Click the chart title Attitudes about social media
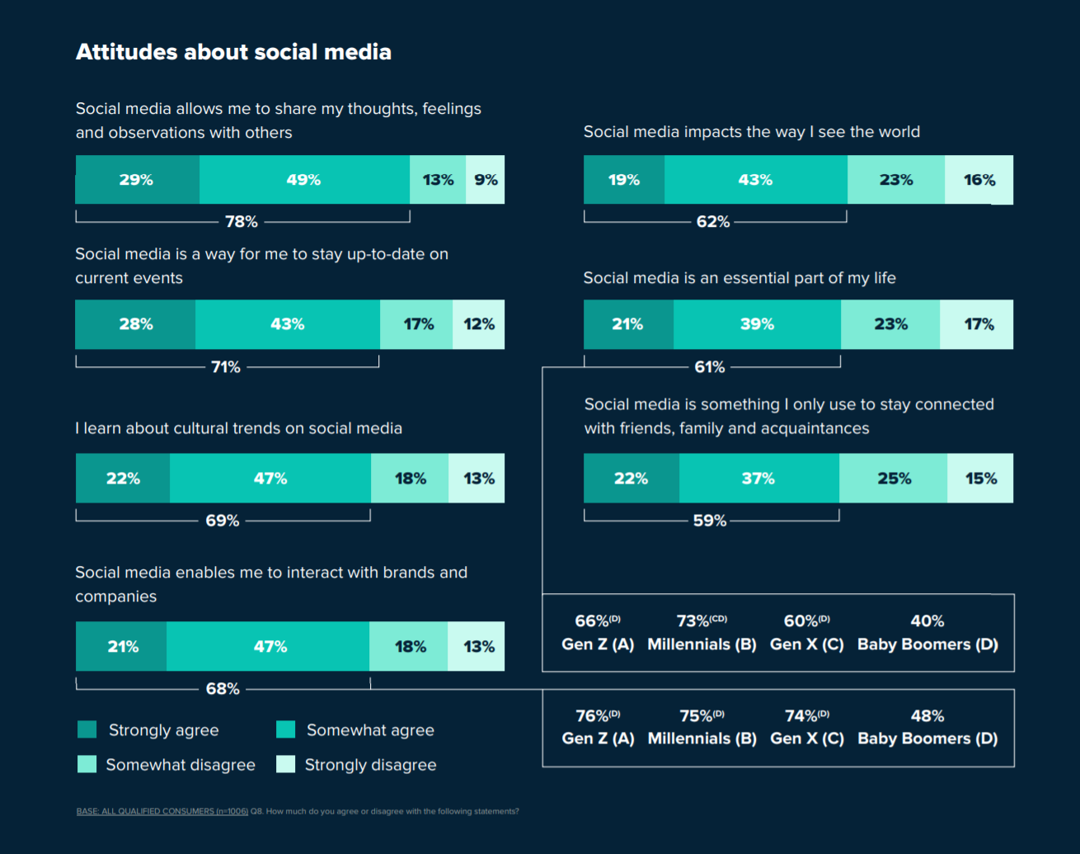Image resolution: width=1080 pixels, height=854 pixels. (x=233, y=52)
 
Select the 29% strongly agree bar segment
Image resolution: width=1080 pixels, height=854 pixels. (x=137, y=180)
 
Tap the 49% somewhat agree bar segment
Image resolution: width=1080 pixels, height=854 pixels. (x=303, y=180)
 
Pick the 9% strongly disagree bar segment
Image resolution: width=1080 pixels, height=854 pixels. (x=486, y=180)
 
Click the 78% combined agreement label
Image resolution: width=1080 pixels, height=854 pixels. (x=242, y=222)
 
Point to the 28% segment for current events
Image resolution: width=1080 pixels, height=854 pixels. (x=135, y=324)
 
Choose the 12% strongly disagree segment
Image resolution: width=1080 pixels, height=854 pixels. (x=479, y=324)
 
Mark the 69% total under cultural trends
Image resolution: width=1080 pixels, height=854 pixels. (x=223, y=521)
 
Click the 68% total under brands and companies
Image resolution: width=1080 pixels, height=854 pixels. (x=223, y=689)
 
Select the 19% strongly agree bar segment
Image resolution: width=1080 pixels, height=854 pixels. (x=624, y=180)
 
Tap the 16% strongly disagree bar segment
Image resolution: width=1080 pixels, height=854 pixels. (x=979, y=180)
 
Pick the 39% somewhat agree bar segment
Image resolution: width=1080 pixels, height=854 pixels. (x=757, y=324)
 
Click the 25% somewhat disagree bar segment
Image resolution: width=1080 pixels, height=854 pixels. (x=894, y=479)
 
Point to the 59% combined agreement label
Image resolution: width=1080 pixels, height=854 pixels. (x=710, y=521)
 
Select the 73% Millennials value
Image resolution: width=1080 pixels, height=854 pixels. (x=701, y=621)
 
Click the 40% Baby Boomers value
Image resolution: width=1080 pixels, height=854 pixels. (x=927, y=621)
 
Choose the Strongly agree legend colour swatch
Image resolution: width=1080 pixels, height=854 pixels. (x=87, y=729)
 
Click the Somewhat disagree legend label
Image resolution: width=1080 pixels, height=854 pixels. (x=181, y=765)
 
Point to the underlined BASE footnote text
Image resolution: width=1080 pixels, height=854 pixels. (x=162, y=812)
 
